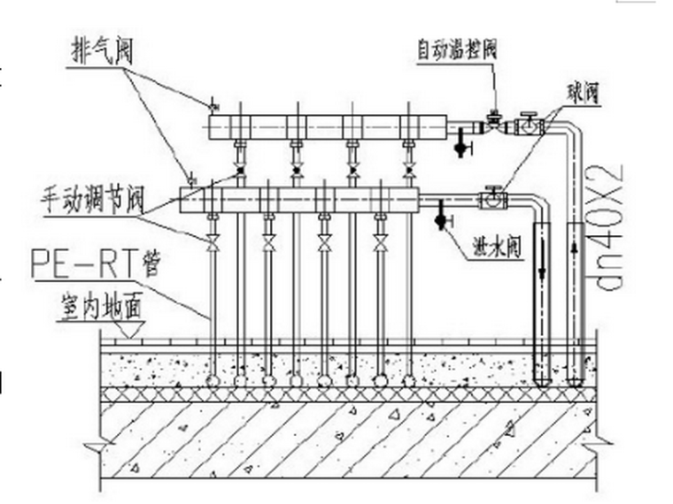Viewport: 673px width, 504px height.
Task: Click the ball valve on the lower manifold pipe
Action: pos(492,199)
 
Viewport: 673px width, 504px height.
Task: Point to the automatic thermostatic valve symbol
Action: pos(493,123)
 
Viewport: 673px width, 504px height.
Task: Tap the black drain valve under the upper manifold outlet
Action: pos(460,146)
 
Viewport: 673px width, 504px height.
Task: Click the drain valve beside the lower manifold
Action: pos(440,217)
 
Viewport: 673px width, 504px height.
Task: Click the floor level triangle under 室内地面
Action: pos(127,332)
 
